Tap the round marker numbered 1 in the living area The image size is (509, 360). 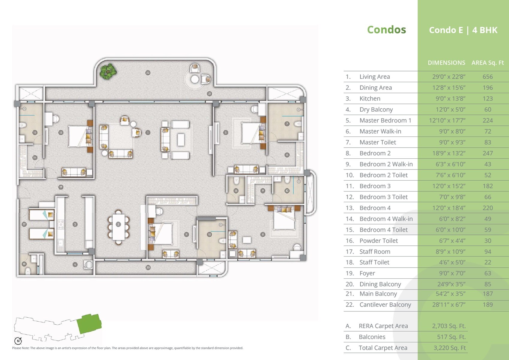pyautogui.click(x=148, y=132)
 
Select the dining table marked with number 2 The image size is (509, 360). pyautogui.click(x=118, y=224)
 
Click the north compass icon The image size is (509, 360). pyautogui.click(x=18, y=341)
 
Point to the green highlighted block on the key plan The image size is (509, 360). pyautogui.click(x=89, y=324)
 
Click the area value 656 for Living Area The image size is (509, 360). pyautogui.click(x=487, y=77)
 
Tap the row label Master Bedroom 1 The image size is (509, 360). pyautogui.click(x=385, y=121)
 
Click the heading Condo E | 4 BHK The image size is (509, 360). pyautogui.click(x=463, y=30)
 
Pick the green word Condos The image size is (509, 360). pyautogui.click(x=386, y=30)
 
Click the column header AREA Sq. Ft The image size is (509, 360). pyautogui.click(x=487, y=63)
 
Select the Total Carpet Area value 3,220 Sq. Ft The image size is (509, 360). pyautogui.click(x=450, y=348)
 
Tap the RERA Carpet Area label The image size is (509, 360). pyautogui.click(x=383, y=326)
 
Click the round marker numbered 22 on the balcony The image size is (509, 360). pyautogui.click(x=148, y=73)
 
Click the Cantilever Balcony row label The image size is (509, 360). pyautogui.click(x=385, y=305)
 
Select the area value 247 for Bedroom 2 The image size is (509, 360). pyautogui.click(x=487, y=153)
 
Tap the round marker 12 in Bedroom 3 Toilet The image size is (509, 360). pyautogui.click(x=209, y=234)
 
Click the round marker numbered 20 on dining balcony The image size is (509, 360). pyautogui.click(x=148, y=267)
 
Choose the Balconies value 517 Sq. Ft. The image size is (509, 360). pyautogui.click(x=451, y=337)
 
